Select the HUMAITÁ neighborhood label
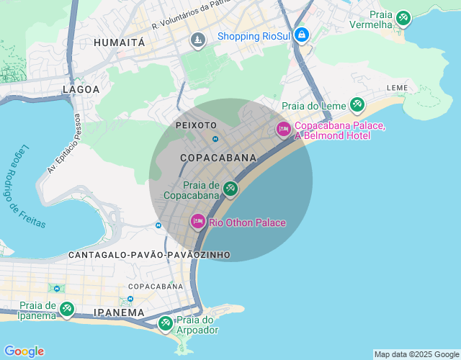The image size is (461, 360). click(x=119, y=43)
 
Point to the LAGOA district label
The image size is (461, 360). click(x=81, y=89)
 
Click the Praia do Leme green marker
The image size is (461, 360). click(x=357, y=105)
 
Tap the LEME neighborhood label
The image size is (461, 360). click(x=397, y=88)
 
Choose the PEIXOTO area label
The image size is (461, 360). click(x=196, y=125)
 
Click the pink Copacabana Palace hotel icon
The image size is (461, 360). click(x=283, y=129)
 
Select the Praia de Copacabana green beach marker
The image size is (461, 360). click(x=230, y=189)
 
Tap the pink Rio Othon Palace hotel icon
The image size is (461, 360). click(x=197, y=222)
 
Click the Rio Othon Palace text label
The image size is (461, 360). click(x=247, y=222)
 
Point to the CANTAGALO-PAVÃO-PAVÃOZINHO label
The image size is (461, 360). click(x=149, y=255)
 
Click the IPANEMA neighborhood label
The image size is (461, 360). click(x=119, y=312)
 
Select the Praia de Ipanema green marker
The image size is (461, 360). click(x=66, y=309)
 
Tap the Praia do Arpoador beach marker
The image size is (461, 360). click(x=165, y=323)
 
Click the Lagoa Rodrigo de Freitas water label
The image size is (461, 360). click(x=27, y=186)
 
